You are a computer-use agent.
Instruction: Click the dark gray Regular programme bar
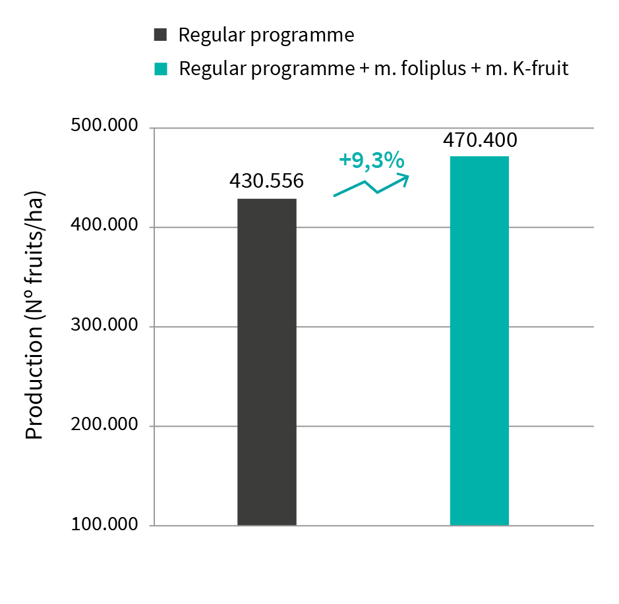266,362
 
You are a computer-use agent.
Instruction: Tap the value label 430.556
266,180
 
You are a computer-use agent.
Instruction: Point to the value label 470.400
479,140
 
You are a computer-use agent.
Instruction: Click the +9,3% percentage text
370,160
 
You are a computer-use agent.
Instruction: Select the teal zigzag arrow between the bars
371,185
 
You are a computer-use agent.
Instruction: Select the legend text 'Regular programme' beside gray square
266,35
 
